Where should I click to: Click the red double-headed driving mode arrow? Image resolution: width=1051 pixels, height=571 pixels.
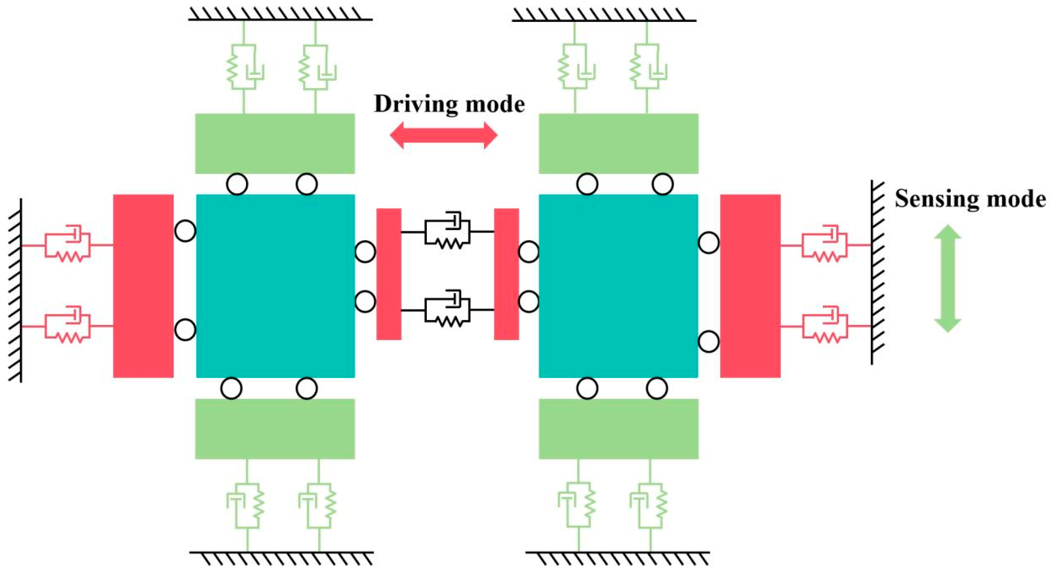[444, 135]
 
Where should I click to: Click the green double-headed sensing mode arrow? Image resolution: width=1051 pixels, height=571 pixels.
[948, 278]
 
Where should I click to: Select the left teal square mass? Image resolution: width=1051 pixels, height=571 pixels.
[275, 286]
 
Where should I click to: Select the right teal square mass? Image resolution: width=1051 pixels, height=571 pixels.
[618, 286]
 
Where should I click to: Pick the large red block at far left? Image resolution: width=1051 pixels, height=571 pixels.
[143, 286]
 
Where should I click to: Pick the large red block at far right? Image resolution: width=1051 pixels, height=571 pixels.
[750, 286]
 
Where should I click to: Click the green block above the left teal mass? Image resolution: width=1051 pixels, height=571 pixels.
[275, 143]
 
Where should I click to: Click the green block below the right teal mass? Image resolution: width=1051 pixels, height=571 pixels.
[618, 429]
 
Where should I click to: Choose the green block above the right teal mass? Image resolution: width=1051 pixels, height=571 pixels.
[618, 143]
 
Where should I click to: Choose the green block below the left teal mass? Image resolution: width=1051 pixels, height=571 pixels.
[275, 429]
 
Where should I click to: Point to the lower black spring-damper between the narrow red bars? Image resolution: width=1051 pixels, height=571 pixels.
[448, 310]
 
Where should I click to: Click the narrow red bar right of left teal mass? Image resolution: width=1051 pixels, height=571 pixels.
[388, 274]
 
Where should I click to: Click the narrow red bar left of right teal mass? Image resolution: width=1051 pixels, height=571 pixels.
[506, 274]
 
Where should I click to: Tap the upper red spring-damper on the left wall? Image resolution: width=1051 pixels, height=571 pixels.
[67, 245]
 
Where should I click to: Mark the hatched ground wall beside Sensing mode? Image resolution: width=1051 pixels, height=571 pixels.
[876, 272]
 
